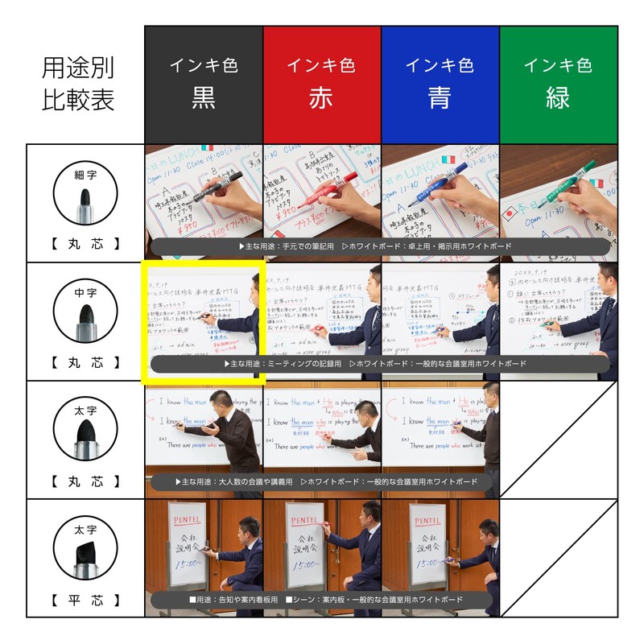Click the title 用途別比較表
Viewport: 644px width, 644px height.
78,85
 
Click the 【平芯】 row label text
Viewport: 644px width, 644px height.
85,600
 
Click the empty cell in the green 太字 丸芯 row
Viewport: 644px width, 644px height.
559,440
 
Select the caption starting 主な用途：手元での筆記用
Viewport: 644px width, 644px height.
378,246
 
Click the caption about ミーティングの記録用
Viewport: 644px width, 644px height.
378,364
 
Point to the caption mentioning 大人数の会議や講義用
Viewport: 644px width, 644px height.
322,481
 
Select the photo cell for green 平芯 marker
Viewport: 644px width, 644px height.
559,559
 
